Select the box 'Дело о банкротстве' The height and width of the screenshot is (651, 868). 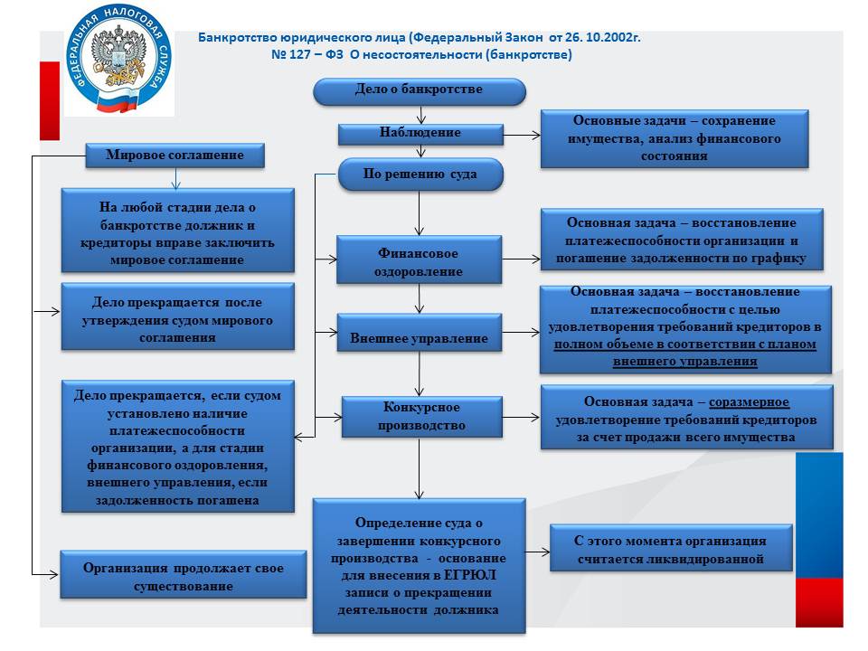[x=419, y=90]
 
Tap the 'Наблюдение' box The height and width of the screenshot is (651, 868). [x=420, y=133]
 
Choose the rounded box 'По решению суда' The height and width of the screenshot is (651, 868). [x=420, y=175]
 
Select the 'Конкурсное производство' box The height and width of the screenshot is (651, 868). [x=419, y=417]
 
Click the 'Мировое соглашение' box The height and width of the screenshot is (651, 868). [x=175, y=156]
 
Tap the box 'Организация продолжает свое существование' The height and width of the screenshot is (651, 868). [x=183, y=575]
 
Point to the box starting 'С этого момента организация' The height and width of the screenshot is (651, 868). [x=671, y=550]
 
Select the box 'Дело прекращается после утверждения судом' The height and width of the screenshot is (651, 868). [x=177, y=316]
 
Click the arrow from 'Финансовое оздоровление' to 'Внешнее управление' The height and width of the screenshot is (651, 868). [x=420, y=298]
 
